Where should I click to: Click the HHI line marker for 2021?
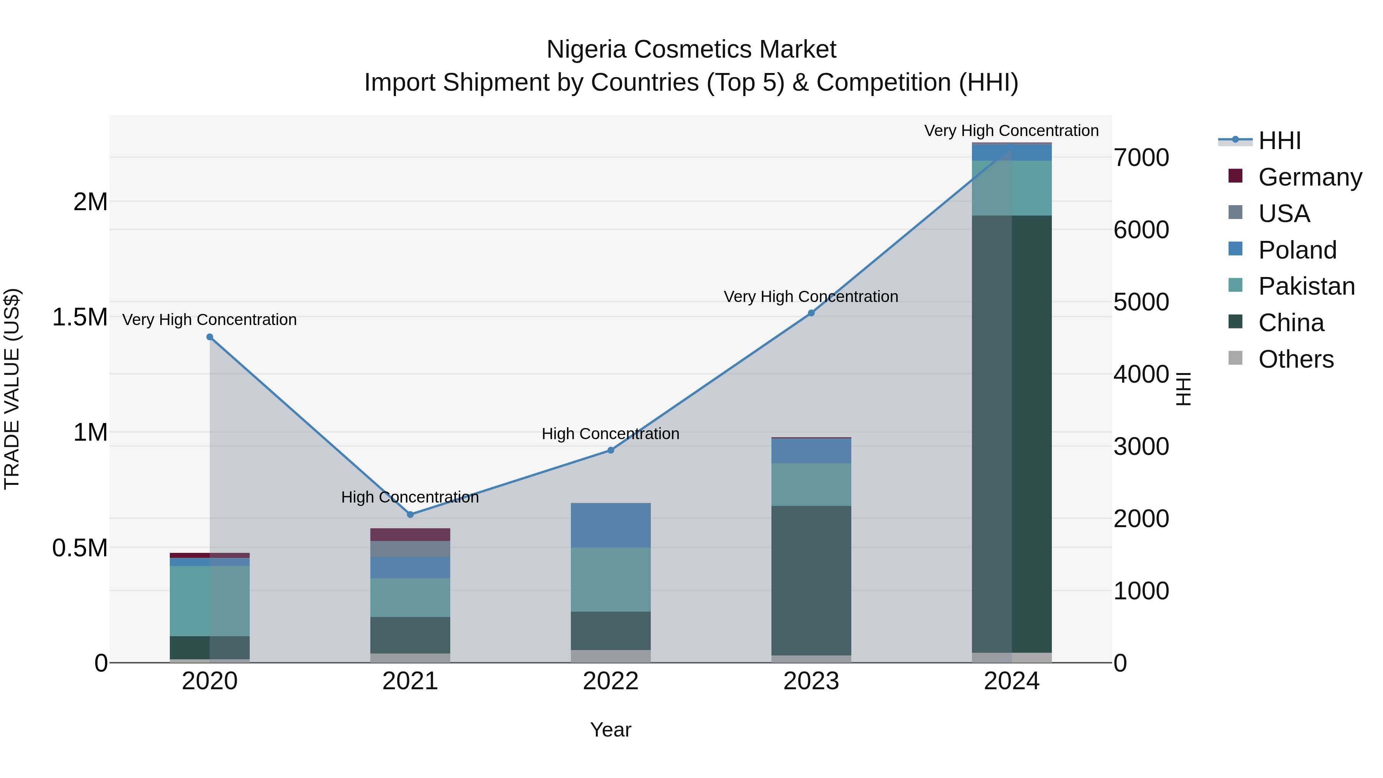pyautogui.click(x=410, y=514)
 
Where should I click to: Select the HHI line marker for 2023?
pyautogui.click(x=811, y=313)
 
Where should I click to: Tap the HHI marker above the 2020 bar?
pyautogui.click(x=210, y=337)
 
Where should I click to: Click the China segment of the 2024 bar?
pyautogui.click(x=1012, y=434)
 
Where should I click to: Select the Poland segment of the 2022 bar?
pyautogui.click(x=610, y=525)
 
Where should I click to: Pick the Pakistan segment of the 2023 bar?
pyautogui.click(x=811, y=484)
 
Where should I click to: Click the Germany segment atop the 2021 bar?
pyautogui.click(x=410, y=534)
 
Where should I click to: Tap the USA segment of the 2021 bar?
pyautogui.click(x=410, y=549)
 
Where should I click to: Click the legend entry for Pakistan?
pyautogui.click(x=1306, y=286)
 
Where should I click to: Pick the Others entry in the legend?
pyautogui.click(x=1295, y=359)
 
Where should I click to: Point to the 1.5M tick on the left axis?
pyautogui.click(x=80, y=317)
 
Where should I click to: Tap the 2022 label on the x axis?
pyautogui.click(x=610, y=681)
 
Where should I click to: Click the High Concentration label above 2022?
pyautogui.click(x=610, y=433)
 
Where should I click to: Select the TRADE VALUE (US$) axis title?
pyautogui.click(x=12, y=389)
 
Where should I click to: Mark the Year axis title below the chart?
pyautogui.click(x=610, y=730)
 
